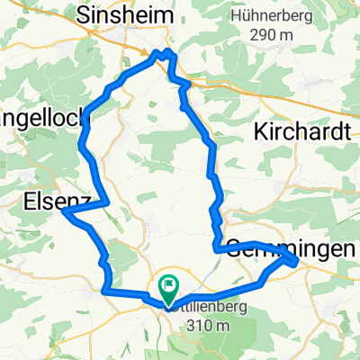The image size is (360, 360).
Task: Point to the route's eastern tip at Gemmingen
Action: (297, 261)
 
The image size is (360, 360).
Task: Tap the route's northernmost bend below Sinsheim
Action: (164, 53)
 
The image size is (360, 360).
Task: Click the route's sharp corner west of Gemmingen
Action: (215, 249)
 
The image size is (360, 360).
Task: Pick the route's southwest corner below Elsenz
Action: (104, 291)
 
